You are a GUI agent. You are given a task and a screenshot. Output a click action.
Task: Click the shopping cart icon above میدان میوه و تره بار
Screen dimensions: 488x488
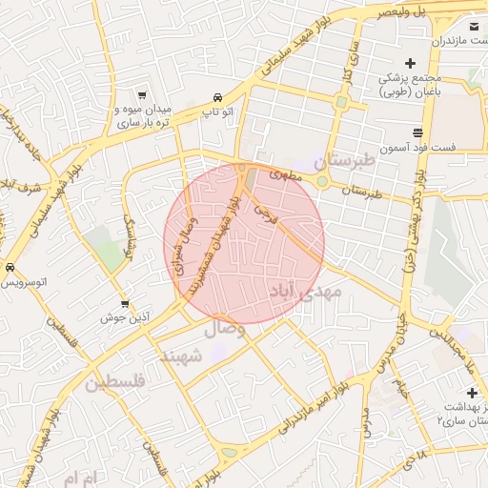pyautogui.click(x=142, y=95)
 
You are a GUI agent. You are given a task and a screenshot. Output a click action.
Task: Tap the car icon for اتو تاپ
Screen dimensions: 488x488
pyautogui.click(x=218, y=98)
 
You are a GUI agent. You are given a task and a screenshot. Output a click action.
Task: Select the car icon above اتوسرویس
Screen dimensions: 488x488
pyautogui.click(x=10, y=268)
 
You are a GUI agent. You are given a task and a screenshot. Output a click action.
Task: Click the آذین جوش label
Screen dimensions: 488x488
pyautogui.click(x=123, y=318)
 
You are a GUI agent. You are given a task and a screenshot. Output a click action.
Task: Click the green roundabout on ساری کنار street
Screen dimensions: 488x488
pyautogui.click(x=340, y=101)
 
